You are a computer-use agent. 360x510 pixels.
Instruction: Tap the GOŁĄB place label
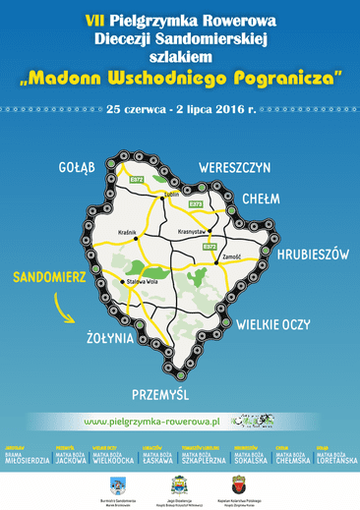pyautogui.click(x=79, y=167)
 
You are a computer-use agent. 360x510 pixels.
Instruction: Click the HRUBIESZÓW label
pyautogui.click(x=313, y=254)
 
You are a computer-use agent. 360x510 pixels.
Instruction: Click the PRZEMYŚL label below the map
pyautogui.click(x=159, y=394)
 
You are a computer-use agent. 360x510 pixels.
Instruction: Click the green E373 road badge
pyautogui.click(x=197, y=203)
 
